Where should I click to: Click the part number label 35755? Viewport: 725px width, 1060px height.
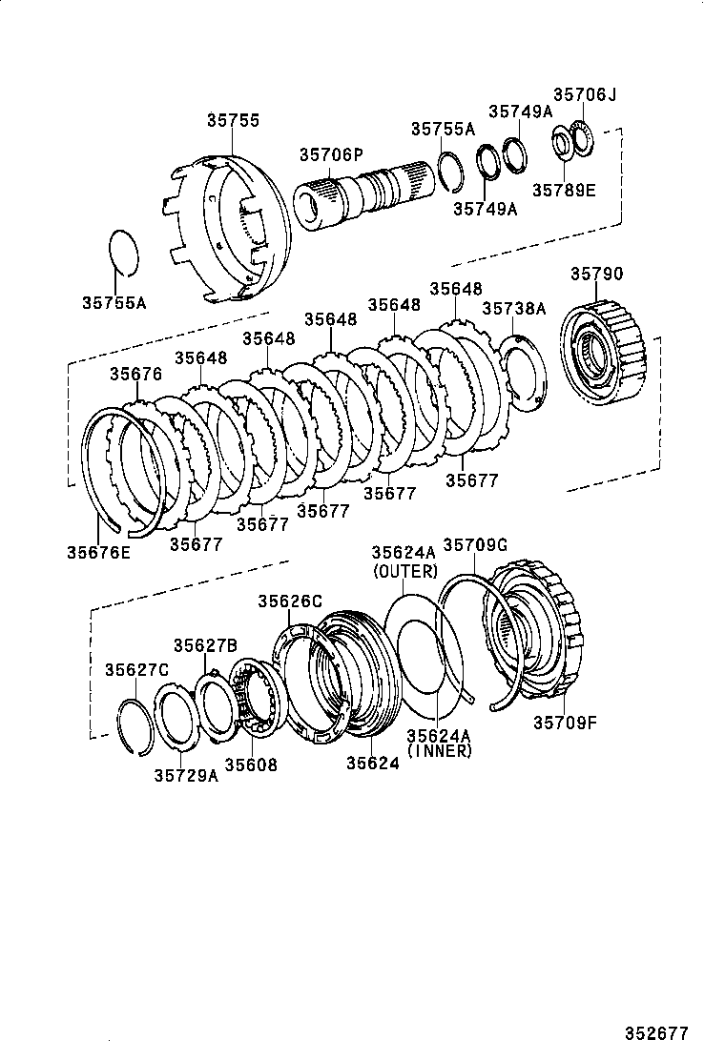point(233,121)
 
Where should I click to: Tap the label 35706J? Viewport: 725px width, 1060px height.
point(585,94)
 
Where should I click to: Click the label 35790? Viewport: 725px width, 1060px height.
point(597,275)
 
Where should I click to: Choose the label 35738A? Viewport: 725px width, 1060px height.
point(513,308)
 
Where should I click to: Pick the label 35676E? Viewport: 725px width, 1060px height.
point(98,550)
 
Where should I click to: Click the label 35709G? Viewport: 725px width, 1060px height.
point(475,544)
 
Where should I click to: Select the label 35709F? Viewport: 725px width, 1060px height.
point(565,723)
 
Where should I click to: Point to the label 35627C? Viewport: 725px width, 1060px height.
point(136,668)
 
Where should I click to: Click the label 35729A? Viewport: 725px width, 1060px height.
point(186,775)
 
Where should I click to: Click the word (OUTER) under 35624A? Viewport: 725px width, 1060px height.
point(404,572)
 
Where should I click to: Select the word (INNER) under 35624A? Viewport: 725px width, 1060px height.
point(439,750)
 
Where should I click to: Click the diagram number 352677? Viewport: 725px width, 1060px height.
point(656,1033)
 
